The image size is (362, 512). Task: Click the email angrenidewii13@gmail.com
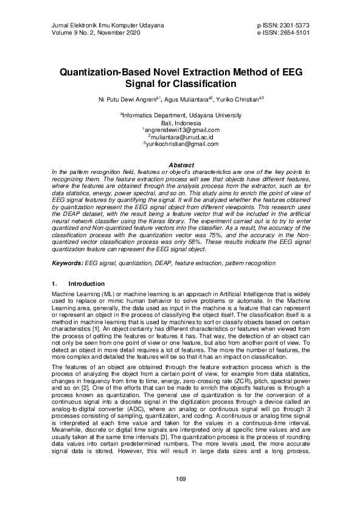coord(181,130)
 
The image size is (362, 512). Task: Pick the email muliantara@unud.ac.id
coord(181,137)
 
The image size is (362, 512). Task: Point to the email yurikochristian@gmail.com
coord(181,144)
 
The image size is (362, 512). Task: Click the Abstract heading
coord(181,165)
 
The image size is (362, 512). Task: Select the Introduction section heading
coord(86,283)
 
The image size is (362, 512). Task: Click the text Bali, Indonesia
coord(181,122)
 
